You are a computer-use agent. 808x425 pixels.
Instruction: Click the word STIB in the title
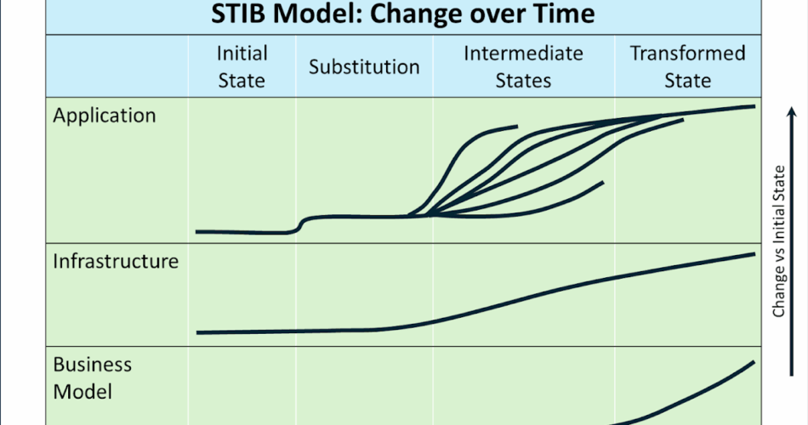click(239, 14)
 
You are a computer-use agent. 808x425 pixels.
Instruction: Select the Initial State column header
click(242, 67)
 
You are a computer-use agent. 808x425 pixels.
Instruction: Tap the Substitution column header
click(364, 67)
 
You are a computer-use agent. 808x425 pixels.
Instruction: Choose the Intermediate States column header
click(523, 67)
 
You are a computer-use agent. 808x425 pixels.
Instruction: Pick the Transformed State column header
click(687, 67)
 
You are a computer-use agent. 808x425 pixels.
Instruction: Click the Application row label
click(104, 116)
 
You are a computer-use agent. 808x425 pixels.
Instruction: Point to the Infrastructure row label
click(116, 261)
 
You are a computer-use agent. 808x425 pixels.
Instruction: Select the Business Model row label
click(92, 378)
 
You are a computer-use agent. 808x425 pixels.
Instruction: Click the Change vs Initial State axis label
click(778, 241)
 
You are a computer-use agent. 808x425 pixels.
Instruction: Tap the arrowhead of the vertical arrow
click(792, 111)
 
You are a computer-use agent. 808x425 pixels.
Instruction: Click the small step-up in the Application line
click(301, 224)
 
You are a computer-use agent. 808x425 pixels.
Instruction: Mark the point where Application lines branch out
click(428, 215)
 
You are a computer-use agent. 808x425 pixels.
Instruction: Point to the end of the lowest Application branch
click(602, 183)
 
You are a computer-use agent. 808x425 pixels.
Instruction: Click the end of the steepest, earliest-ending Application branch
click(517, 126)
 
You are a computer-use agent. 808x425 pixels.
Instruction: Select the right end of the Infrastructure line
click(754, 254)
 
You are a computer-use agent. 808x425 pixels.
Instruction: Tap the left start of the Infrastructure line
click(198, 333)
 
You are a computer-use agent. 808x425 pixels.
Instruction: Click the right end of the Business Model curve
click(754, 362)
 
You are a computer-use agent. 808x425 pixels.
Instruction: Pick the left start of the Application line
click(196, 232)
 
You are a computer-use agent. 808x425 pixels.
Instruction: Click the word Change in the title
click(413, 14)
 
